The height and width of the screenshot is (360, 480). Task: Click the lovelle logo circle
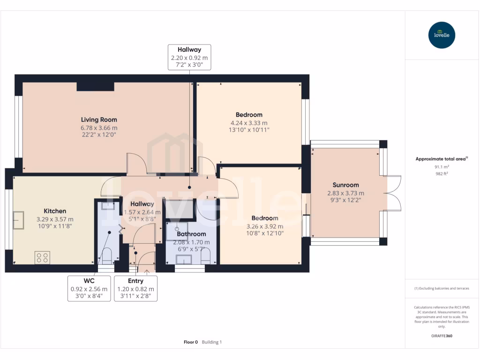[x=442, y=35]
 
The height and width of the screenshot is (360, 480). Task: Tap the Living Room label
[x=99, y=120]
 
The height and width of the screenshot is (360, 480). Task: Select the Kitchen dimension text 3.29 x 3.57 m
[x=55, y=219]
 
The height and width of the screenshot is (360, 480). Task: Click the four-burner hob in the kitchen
[x=42, y=257]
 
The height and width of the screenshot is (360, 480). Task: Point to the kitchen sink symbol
[x=19, y=220]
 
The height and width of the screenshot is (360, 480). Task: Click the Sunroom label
[x=345, y=185]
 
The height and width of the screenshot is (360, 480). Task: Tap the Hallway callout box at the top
[x=189, y=57]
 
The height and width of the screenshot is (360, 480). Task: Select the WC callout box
[x=89, y=288]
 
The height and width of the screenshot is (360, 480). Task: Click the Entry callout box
[x=135, y=288]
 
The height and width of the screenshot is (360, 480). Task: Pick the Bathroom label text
[x=191, y=234]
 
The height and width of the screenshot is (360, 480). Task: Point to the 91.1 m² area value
[x=441, y=167]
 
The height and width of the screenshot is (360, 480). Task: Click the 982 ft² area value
[x=441, y=173]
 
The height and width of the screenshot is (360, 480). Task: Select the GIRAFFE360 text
[x=441, y=336]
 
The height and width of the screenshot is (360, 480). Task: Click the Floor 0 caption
[x=191, y=342]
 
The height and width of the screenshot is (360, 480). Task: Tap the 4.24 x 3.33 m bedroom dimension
[x=248, y=123]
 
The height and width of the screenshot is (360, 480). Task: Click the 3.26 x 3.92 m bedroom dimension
[x=264, y=226]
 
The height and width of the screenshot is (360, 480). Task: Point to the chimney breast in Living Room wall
[x=95, y=86]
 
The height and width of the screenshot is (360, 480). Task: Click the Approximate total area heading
[x=441, y=159]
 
